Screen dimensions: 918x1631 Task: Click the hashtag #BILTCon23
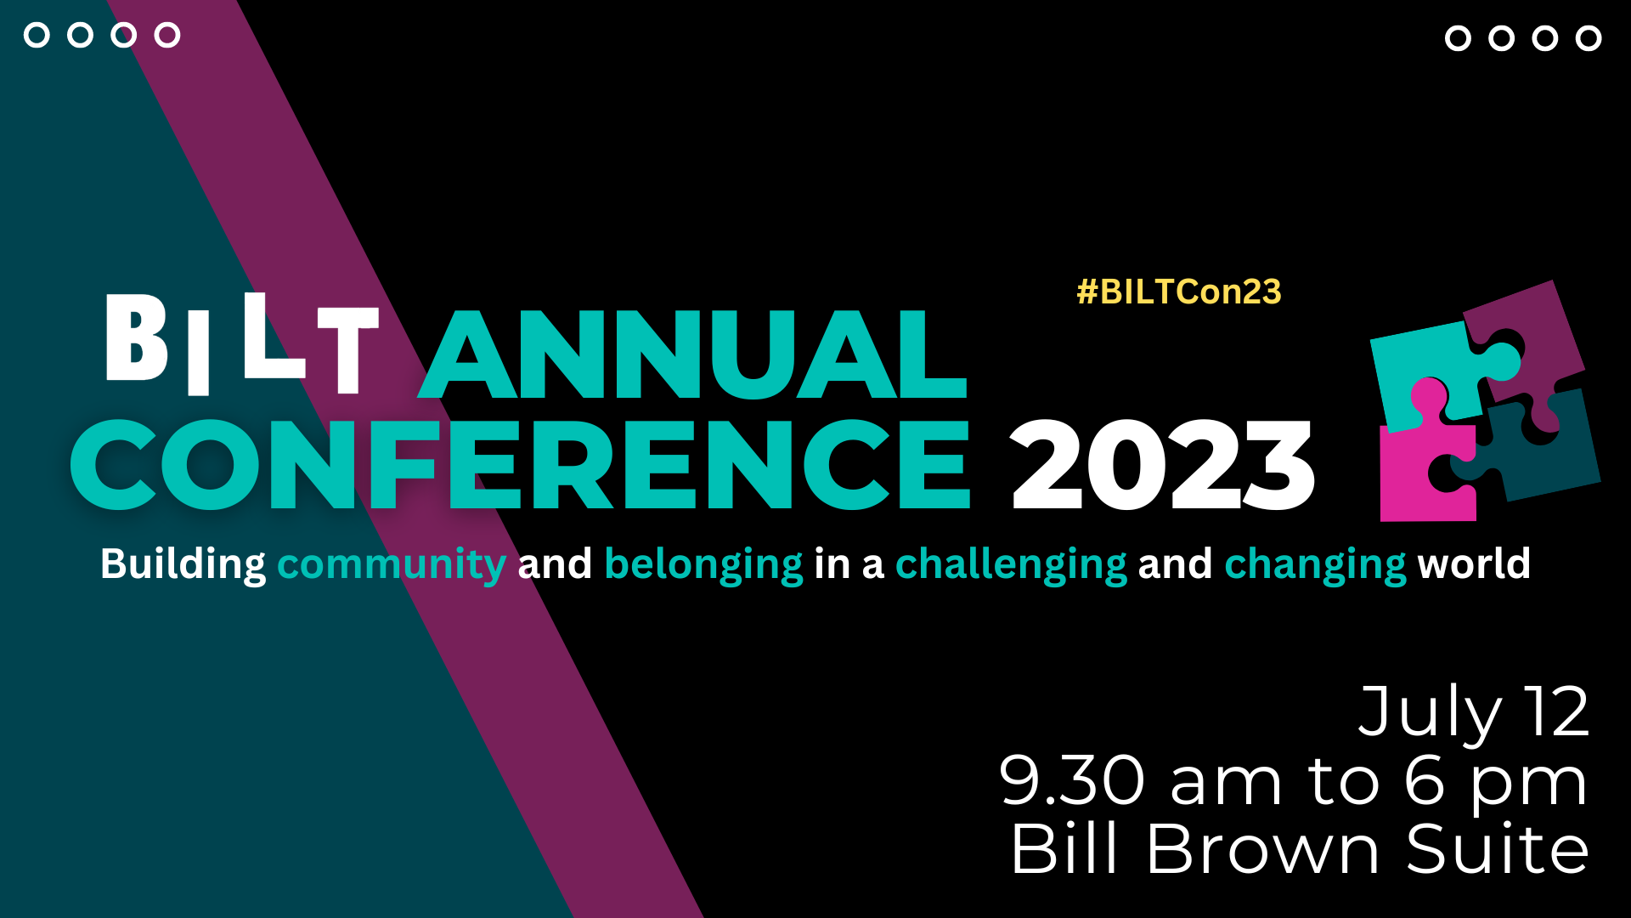[1178, 292]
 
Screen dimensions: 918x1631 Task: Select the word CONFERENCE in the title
[520, 464]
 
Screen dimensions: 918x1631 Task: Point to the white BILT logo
[241, 344]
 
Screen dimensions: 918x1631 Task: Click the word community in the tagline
[392, 564]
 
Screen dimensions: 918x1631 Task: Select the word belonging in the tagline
[703, 564]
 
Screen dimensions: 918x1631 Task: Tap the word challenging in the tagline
[1011, 564]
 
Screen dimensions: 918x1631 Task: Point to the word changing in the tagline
[1315, 564]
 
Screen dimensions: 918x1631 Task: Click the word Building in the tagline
[183, 564]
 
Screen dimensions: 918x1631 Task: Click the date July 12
[1474, 712]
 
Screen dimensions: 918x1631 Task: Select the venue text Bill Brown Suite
[1300, 848]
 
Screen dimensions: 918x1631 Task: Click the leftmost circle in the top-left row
[37, 35]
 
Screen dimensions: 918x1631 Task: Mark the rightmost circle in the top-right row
[1589, 38]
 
